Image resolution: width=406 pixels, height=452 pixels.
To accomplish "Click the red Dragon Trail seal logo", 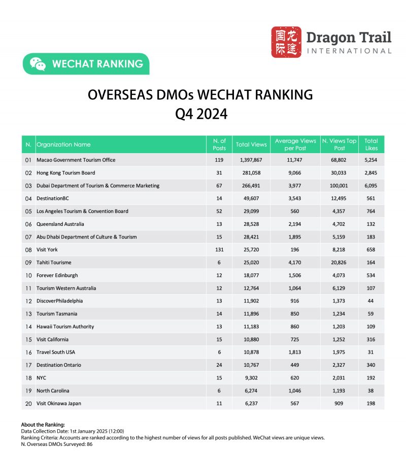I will coord(286,42).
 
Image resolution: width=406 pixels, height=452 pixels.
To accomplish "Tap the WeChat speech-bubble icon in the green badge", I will coord(38,64).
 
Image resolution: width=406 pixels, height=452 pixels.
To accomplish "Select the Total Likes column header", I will coord(371,145).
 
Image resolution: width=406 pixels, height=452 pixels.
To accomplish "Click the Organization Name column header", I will coord(63,145).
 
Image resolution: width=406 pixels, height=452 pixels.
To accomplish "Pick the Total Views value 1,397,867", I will coord(251,160).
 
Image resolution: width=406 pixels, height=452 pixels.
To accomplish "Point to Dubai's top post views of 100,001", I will coord(340,186).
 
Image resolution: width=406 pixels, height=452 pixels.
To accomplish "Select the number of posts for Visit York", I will coord(219,250).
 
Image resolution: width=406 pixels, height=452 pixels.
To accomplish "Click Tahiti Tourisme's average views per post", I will coord(295,263).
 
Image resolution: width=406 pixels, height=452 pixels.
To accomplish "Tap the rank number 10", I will coord(28,275).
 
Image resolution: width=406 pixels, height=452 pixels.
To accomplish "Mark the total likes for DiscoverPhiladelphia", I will coord(371,301).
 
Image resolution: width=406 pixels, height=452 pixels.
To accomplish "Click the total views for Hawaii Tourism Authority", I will coord(251,327).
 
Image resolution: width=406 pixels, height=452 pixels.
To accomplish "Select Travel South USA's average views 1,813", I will coord(295,352).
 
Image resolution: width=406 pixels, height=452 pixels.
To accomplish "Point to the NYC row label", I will coord(42,378).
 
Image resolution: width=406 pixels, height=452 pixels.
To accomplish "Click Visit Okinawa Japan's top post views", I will coord(340,403).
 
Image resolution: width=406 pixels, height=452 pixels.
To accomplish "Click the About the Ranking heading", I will coord(42,424).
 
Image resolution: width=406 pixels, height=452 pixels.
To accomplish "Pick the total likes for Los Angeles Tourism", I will coord(371,211).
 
